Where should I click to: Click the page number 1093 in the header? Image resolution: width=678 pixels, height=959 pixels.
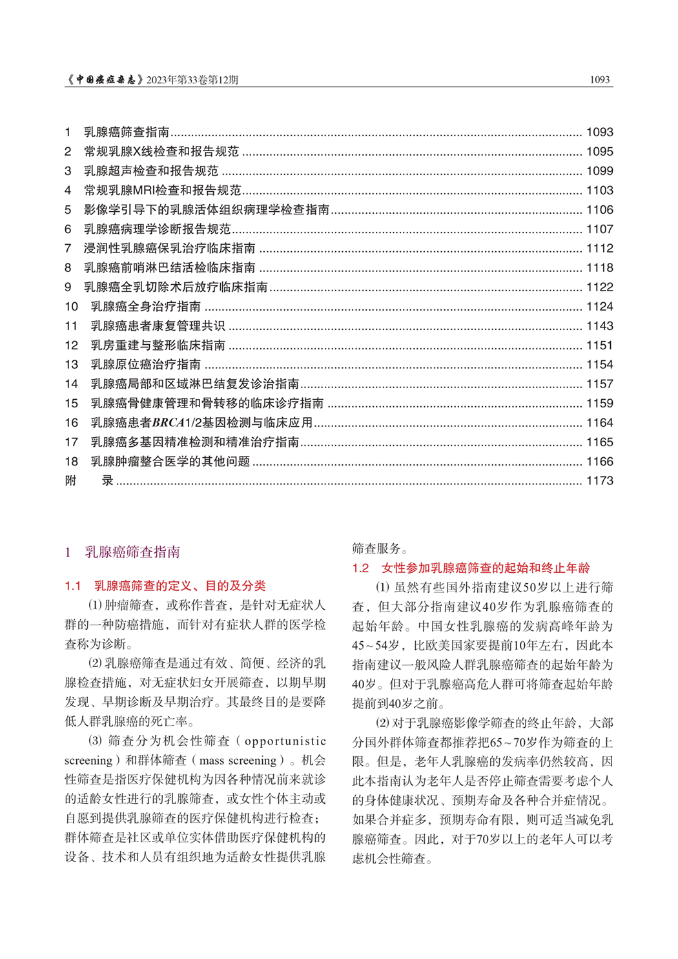600,80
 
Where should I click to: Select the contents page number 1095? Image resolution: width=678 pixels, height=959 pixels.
599,152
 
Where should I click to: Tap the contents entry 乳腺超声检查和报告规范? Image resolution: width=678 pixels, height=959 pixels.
151,171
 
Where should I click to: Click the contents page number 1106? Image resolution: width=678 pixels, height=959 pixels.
599,210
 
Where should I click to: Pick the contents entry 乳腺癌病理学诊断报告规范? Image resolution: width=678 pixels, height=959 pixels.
157,229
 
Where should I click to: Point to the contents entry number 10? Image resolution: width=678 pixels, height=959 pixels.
71,307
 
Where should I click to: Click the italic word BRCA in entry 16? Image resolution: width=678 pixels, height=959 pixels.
168,423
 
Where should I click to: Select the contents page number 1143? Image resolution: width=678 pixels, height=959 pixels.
599,326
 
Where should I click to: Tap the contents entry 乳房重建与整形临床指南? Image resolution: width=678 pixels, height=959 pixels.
158,345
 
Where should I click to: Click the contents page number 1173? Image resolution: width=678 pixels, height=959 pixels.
599,480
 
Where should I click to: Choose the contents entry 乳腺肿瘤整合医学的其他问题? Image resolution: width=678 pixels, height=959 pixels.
170,462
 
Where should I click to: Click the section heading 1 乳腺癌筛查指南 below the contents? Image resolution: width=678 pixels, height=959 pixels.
123,552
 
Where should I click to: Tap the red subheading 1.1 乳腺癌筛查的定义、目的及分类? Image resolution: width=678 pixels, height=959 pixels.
165,586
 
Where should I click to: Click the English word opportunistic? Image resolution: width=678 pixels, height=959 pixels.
285,741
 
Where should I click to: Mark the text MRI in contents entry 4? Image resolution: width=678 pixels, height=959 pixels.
143,191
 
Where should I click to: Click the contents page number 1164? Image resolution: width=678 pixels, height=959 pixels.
599,423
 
